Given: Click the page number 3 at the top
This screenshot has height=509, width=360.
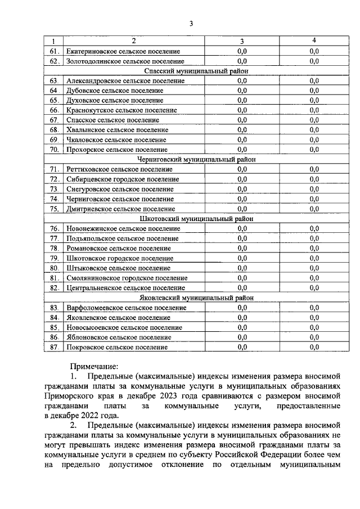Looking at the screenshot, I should point(191,23).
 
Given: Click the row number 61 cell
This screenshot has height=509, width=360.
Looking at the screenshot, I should point(53,51).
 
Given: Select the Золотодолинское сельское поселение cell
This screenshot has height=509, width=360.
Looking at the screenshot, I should point(125,61).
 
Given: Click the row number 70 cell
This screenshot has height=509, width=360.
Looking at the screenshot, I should point(53,150).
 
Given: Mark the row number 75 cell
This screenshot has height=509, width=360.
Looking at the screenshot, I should point(53,209).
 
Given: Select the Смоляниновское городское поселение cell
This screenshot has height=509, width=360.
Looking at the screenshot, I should point(127,278).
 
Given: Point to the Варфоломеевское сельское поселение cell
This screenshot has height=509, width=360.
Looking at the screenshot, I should point(126,308).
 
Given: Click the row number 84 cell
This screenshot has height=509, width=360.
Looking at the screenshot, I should point(53,317).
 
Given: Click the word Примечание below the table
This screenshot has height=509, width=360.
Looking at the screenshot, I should point(94,366).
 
